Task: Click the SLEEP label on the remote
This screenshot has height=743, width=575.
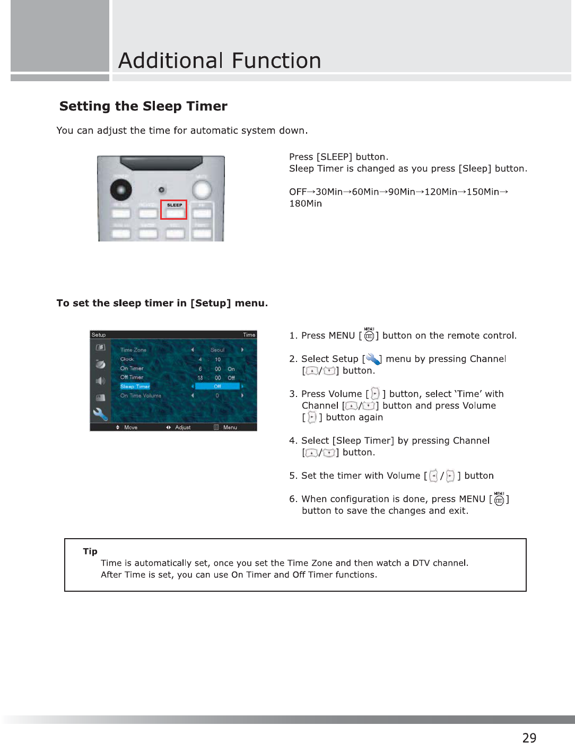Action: coord(175,205)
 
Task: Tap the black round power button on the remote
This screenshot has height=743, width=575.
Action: coord(121,189)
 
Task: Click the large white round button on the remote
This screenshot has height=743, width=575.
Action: coord(202,189)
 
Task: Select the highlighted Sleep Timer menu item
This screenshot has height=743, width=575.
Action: coord(135,386)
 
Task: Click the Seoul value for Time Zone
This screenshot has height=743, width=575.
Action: coord(217,350)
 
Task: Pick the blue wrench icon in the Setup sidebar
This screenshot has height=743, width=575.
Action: coord(100,414)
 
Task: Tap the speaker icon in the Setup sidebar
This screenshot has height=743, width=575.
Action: coord(100,381)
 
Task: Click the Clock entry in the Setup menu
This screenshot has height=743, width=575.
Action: coord(127,359)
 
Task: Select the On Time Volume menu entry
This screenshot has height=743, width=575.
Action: coord(141,396)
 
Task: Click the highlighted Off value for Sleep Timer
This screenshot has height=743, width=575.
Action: coord(217,386)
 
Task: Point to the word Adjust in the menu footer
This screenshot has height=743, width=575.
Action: coord(183,427)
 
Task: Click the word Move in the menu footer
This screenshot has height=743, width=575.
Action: coord(130,427)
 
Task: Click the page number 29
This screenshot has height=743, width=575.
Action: coord(529,737)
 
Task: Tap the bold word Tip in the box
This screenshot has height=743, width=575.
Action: coord(90,551)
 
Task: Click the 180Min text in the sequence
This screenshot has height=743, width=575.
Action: coord(306,204)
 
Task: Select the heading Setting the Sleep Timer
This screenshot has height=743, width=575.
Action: coord(143,106)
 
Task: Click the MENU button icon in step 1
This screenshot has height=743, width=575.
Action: coord(369,334)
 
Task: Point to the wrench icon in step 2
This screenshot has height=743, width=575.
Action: coord(373,359)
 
